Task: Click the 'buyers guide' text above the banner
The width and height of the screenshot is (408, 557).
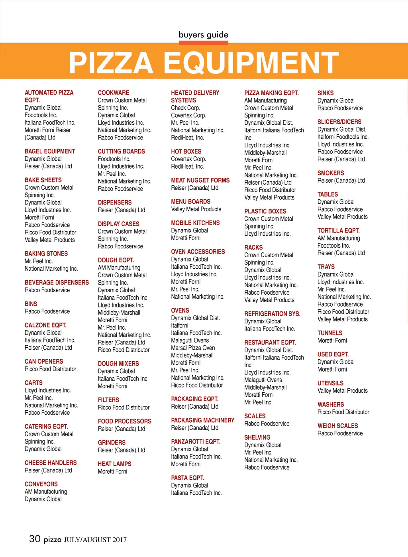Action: point(203,35)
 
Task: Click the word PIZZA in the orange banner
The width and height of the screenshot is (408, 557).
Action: point(111,63)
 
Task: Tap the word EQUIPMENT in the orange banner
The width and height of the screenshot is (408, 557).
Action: point(251,63)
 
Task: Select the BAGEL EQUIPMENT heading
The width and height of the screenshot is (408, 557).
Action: point(50,152)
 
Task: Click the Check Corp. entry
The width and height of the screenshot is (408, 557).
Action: point(185,108)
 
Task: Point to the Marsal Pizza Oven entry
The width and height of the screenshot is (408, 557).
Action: point(193,348)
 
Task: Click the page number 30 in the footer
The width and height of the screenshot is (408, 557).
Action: point(35,539)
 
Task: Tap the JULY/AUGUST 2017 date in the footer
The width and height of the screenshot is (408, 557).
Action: point(95,540)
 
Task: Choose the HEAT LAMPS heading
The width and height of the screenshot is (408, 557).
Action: point(114,464)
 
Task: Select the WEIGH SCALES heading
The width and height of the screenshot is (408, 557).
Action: point(337,426)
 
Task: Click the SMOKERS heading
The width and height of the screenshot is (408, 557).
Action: point(331,173)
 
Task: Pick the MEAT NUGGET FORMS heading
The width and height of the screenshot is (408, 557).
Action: point(200,181)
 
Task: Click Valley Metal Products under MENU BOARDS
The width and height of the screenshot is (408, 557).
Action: point(196,209)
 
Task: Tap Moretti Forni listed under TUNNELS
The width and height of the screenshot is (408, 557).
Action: point(332,341)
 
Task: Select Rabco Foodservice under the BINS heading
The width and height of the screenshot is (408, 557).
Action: point(47,311)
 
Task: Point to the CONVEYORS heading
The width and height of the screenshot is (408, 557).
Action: point(41,484)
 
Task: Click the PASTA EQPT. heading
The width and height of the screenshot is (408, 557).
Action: point(187,478)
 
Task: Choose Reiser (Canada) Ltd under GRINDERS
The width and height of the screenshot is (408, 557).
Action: point(122,451)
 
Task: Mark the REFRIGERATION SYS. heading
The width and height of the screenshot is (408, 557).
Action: point(272,314)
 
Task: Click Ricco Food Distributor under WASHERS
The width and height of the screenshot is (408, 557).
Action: point(343,412)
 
